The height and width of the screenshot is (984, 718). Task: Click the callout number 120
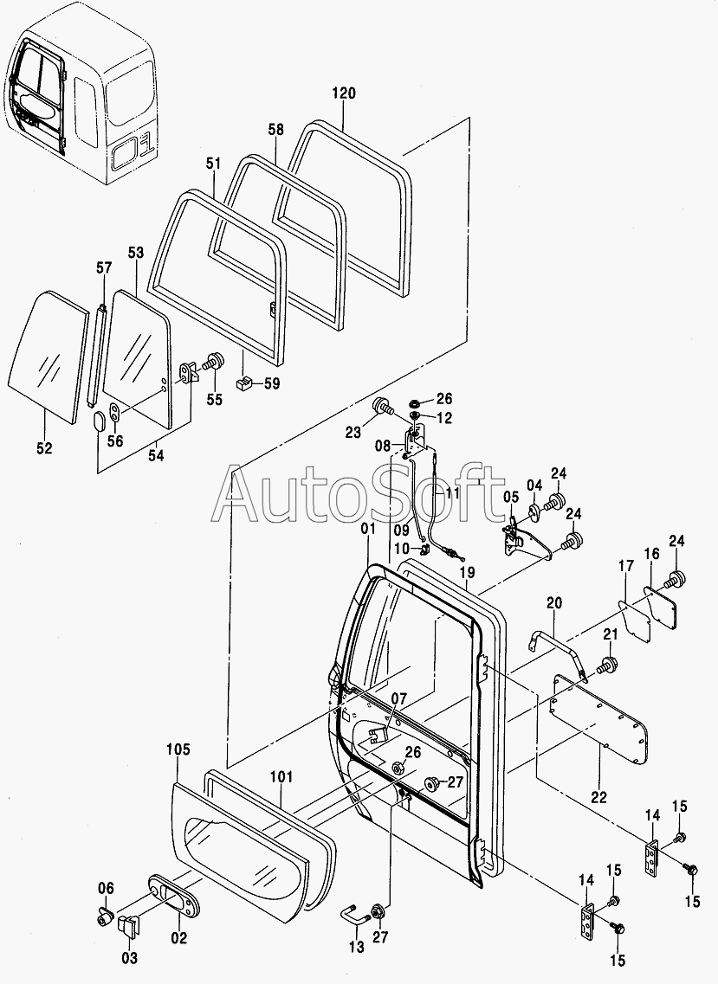[344, 93]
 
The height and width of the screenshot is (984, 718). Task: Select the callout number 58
[275, 130]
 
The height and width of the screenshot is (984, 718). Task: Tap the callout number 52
[44, 448]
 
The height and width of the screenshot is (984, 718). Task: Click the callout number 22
[598, 796]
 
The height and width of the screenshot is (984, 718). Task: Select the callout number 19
[467, 573]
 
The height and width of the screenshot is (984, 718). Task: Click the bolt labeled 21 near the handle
[608, 665]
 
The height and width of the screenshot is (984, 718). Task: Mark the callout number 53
[136, 253]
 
